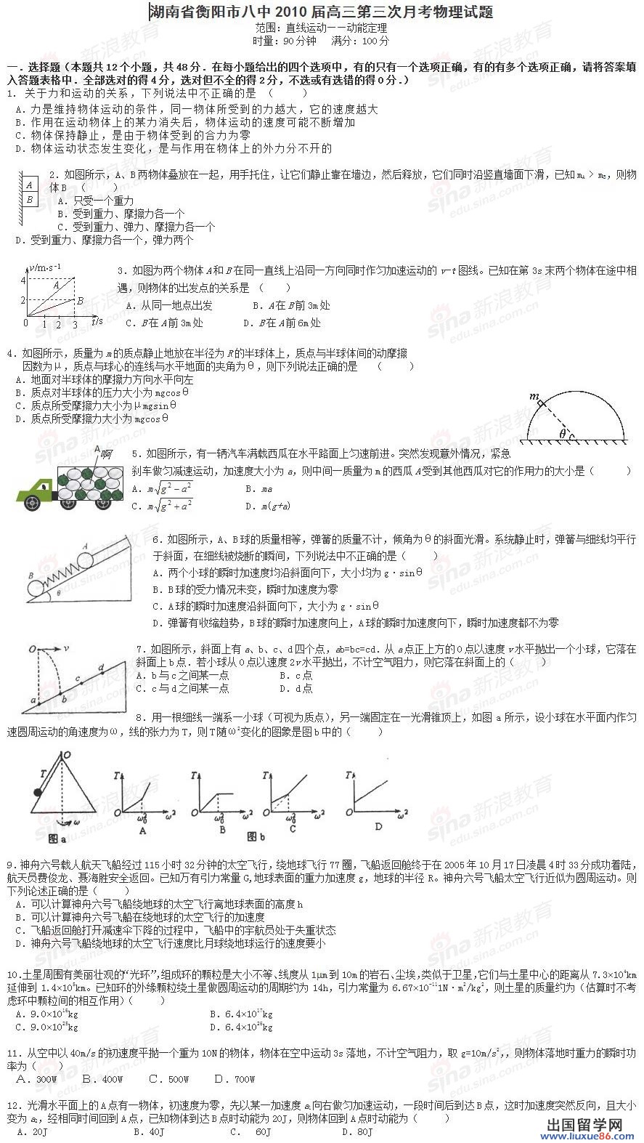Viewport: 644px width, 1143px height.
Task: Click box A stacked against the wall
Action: click(30, 185)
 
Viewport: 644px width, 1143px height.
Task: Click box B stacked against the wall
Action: click(30, 199)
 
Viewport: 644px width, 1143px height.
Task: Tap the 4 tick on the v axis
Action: click(23, 280)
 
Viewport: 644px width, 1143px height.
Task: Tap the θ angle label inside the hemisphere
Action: click(562, 434)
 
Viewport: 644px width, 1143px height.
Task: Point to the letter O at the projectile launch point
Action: click(33, 648)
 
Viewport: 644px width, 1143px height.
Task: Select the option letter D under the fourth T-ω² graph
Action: click(378, 826)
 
